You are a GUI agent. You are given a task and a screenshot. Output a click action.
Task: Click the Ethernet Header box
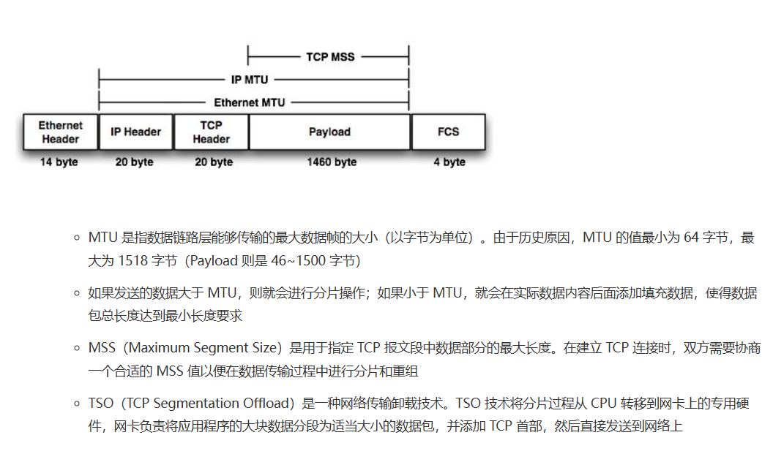[x=61, y=132]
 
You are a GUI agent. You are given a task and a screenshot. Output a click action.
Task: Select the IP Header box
[x=136, y=132]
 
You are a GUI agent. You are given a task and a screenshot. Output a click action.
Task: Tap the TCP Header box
[x=212, y=132]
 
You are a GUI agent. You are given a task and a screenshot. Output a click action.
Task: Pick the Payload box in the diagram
[x=329, y=132]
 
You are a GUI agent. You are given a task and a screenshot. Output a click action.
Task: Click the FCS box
[x=448, y=132]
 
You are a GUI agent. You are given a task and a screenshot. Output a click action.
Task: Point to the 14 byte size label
[x=59, y=162]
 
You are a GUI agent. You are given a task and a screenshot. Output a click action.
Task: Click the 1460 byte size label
[x=332, y=162]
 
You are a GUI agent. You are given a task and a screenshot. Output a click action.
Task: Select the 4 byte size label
[x=449, y=162]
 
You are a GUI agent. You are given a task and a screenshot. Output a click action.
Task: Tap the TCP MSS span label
[x=330, y=57]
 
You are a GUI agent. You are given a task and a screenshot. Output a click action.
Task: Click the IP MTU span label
[x=250, y=80]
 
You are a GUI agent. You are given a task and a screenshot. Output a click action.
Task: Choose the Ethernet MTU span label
[x=250, y=103]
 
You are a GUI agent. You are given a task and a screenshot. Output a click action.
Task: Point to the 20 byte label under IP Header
[x=135, y=162]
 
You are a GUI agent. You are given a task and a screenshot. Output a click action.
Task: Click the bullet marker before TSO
[x=76, y=404]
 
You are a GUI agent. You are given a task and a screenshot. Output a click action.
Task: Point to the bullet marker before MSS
[x=76, y=348]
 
